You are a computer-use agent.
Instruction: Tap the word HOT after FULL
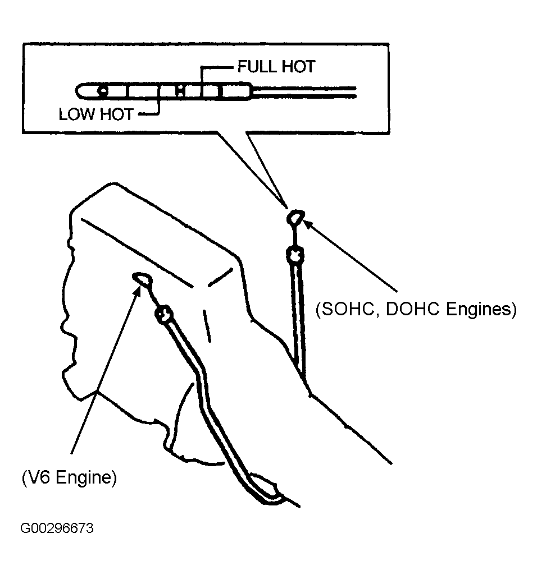(x=299, y=67)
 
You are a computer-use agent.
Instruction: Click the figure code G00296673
(x=57, y=528)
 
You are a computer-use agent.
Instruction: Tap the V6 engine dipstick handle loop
(x=142, y=279)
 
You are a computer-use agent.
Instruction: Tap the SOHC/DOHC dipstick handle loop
(x=295, y=217)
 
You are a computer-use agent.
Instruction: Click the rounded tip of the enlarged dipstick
(x=79, y=91)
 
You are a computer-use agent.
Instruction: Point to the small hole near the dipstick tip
(x=103, y=90)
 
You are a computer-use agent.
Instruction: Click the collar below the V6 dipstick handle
(x=164, y=314)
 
